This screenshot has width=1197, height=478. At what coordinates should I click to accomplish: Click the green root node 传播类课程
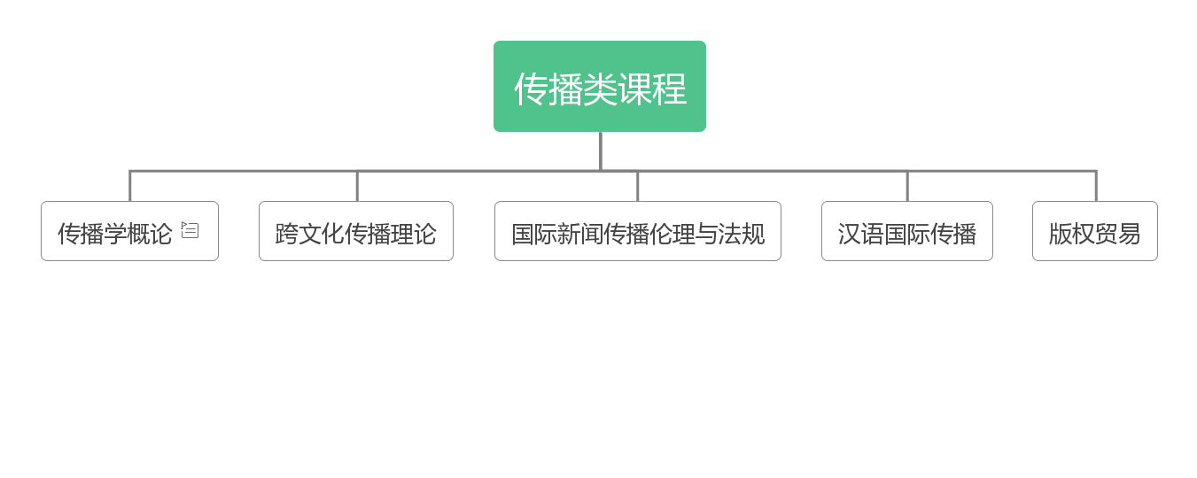[x=600, y=86]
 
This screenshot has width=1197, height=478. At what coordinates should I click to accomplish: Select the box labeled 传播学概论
[x=130, y=231]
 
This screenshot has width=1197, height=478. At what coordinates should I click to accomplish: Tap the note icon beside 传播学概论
[x=190, y=229]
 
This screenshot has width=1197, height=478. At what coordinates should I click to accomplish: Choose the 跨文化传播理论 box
[x=356, y=231]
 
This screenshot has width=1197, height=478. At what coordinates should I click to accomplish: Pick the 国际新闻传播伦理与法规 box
[x=638, y=231]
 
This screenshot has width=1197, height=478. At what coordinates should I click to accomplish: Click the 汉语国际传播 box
[x=907, y=231]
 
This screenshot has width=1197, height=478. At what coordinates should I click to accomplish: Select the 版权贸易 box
[x=1095, y=231]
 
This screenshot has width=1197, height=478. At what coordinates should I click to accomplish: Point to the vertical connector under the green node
[x=601, y=151]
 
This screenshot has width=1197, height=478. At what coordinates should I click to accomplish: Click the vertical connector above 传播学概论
[x=130, y=187]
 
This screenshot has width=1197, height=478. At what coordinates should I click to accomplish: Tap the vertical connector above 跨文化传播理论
[x=357, y=187]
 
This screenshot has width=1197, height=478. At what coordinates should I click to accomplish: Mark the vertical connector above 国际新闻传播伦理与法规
[x=638, y=187]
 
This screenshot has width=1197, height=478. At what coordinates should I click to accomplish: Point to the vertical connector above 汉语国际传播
[x=907, y=187]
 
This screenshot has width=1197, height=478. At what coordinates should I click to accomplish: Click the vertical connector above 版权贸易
[x=1096, y=187]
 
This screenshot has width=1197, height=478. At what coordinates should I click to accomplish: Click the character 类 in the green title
[x=600, y=89]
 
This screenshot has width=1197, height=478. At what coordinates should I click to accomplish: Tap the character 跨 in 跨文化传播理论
[x=286, y=234]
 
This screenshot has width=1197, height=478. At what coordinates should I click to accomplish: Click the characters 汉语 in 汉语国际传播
[x=861, y=234]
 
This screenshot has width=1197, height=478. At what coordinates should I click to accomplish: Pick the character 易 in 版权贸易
[x=1129, y=234]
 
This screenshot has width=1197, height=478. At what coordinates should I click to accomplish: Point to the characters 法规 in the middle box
[x=742, y=234]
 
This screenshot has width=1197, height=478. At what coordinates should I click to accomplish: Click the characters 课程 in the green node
[x=652, y=89]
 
